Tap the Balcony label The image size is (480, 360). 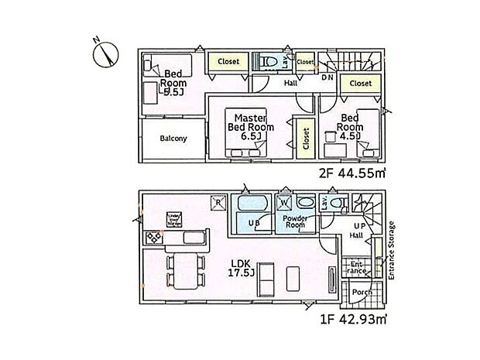(x=173, y=139)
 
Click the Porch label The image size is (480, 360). (x=358, y=292)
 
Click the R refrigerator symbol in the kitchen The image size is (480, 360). (x=219, y=204)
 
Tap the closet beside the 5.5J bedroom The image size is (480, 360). (x=228, y=61)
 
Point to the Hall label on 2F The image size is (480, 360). (x=290, y=83)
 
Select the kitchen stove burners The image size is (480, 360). (x=149, y=236)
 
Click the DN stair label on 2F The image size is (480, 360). (x=327, y=77)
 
